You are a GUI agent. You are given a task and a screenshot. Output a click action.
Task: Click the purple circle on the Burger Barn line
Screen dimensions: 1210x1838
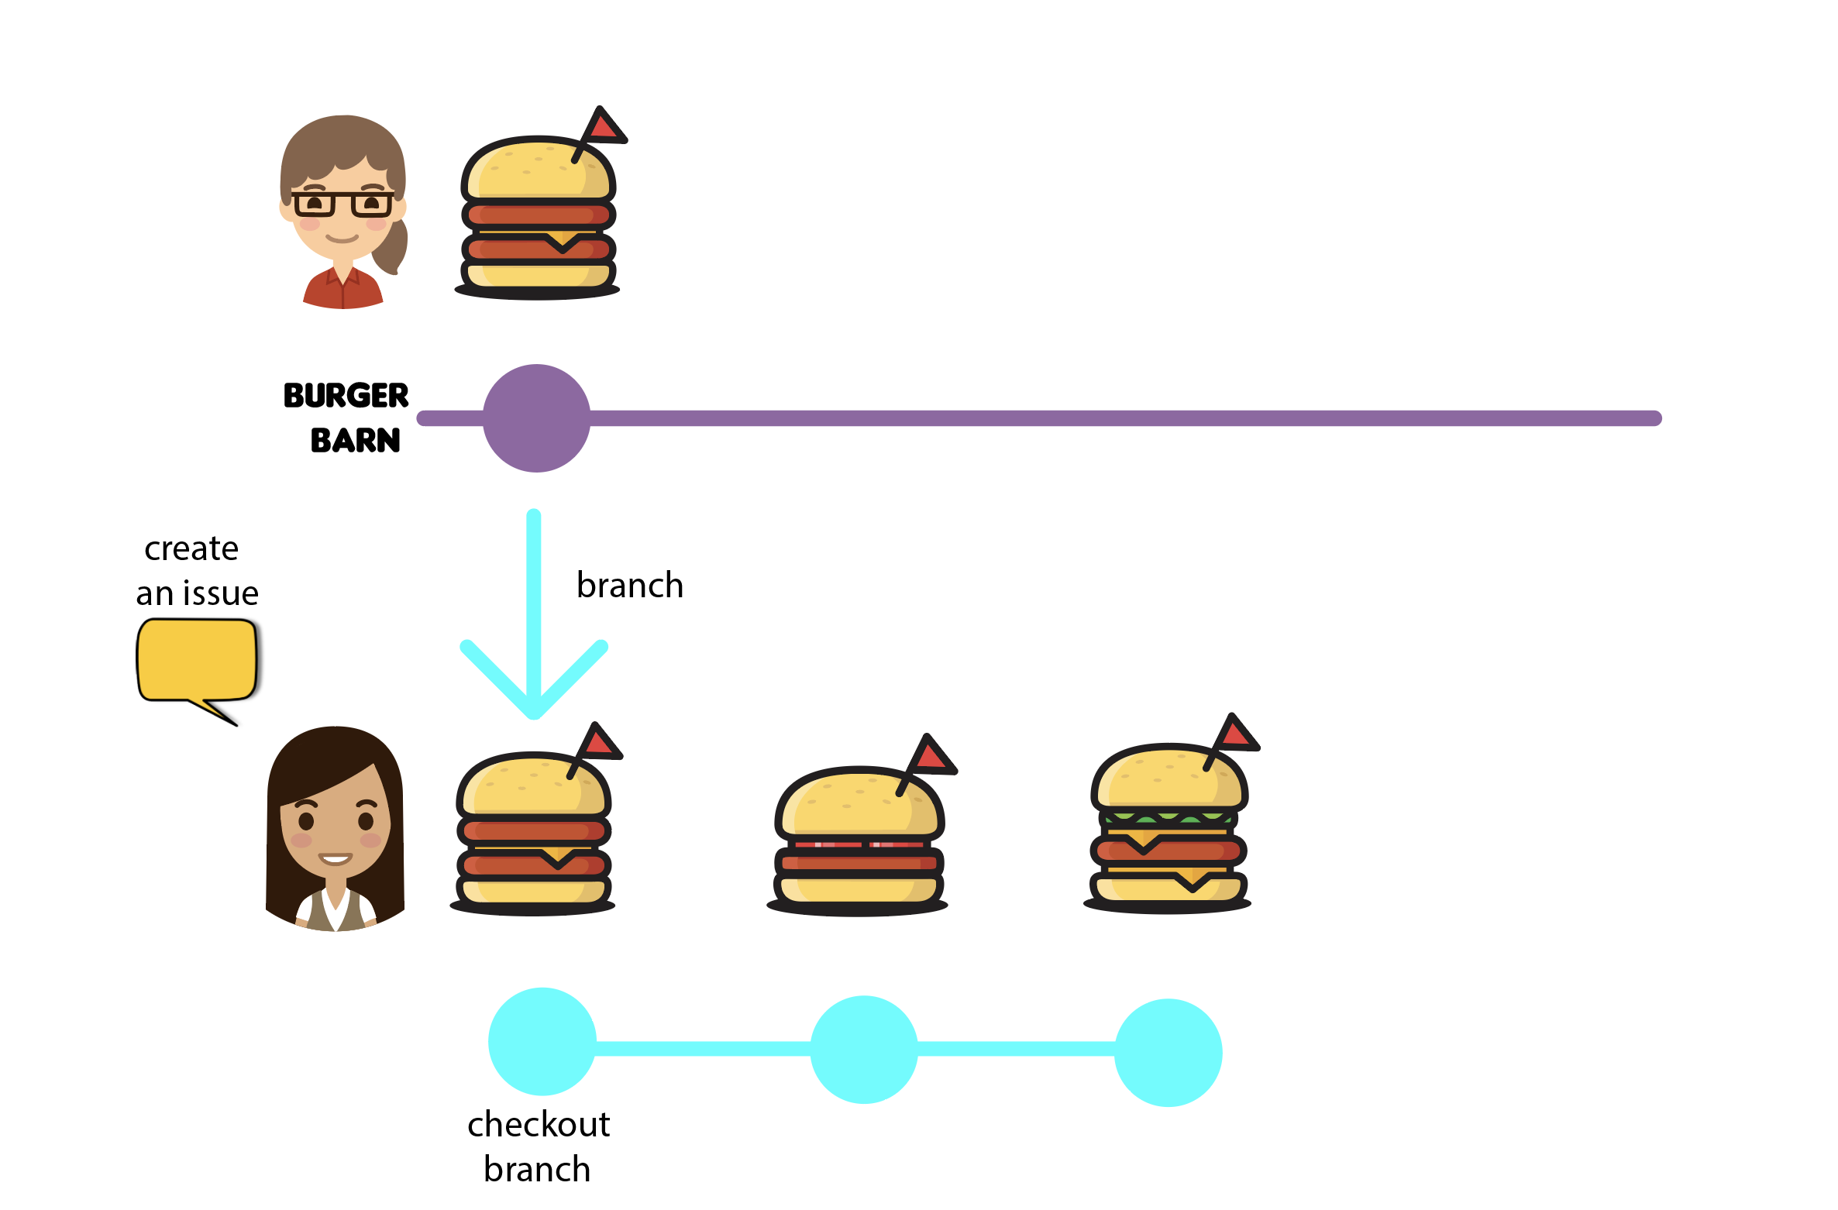tap(536, 418)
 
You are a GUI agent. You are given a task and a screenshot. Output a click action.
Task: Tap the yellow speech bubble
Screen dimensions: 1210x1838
tap(197, 659)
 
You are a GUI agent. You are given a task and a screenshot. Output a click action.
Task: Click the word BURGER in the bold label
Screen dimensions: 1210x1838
tap(346, 396)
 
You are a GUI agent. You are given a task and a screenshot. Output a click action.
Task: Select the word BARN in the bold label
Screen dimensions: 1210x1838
tap(356, 441)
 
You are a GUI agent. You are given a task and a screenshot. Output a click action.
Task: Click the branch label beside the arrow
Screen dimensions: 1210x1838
tap(630, 586)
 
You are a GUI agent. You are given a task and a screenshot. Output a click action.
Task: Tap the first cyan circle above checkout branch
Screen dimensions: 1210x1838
tap(542, 1042)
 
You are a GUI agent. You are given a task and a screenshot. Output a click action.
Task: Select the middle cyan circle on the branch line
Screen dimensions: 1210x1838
tap(864, 1050)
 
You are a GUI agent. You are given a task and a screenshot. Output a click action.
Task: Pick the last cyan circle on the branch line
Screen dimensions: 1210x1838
tap(1168, 1053)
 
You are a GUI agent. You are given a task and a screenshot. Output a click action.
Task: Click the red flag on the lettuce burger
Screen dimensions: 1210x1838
tap(1237, 733)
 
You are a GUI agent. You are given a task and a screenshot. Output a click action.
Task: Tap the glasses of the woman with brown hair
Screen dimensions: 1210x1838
tap(342, 204)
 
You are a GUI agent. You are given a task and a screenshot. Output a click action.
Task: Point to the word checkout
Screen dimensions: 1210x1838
tap(539, 1125)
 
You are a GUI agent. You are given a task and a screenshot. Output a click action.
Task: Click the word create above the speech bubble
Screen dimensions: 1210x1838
tap(191, 549)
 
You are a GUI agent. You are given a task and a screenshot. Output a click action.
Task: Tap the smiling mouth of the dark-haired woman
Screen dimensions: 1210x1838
tap(336, 859)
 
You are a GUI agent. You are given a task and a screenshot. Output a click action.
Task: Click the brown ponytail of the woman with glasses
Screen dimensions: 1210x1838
tap(392, 248)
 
